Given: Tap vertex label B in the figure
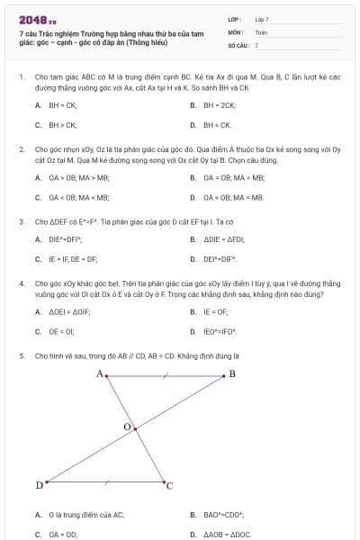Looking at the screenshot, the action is [x=231, y=373].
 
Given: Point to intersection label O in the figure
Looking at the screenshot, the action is [x=127, y=426].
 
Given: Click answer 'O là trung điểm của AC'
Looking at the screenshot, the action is [x=73, y=515].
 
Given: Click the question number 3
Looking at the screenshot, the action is [x=21, y=220].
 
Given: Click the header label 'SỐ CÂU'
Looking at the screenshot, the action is [x=238, y=44].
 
